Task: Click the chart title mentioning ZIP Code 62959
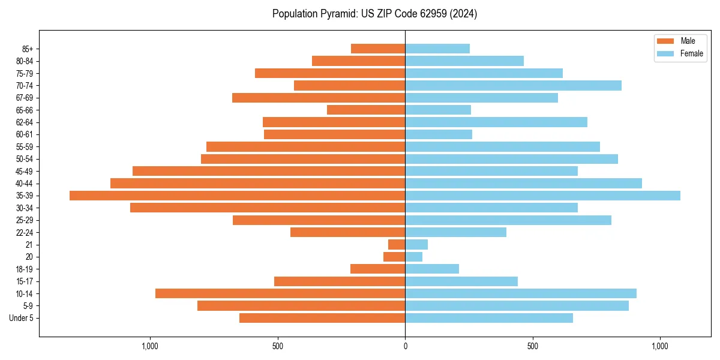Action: pyautogui.click(x=374, y=14)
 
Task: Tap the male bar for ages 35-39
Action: pyautogui.click(x=237, y=196)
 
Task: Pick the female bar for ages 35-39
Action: pyautogui.click(x=542, y=196)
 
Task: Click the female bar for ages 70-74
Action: pyautogui.click(x=513, y=85)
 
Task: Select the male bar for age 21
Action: pyautogui.click(x=397, y=244)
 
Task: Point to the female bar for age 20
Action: pyautogui.click(x=413, y=257)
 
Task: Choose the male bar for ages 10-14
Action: pyautogui.click(x=280, y=293)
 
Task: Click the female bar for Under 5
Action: pyautogui.click(x=489, y=318)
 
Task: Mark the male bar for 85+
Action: pyautogui.click(x=378, y=49)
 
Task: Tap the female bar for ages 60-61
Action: pyautogui.click(x=439, y=134)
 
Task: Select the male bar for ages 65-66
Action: pyautogui.click(x=366, y=110)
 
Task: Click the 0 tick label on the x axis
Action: pyautogui.click(x=405, y=346)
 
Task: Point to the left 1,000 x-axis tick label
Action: pyautogui.click(x=149, y=346)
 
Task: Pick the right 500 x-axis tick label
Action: pyautogui.click(x=532, y=346)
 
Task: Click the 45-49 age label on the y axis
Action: pyautogui.click(x=24, y=171)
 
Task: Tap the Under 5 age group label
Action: pyautogui.click(x=21, y=318)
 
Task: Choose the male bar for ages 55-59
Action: pyautogui.click(x=305, y=146)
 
